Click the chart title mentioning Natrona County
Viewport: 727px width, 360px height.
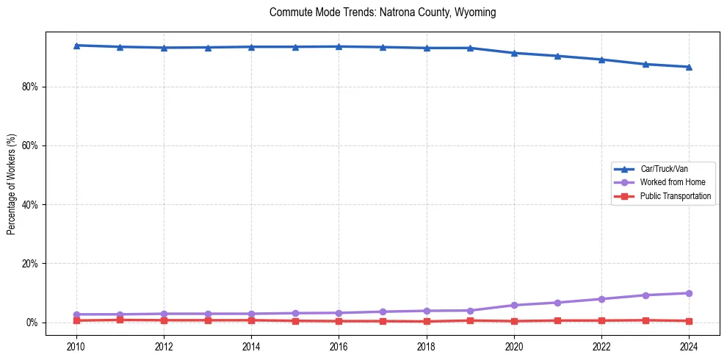tap(383, 12)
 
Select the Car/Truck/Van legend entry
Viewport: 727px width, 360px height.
tap(664, 169)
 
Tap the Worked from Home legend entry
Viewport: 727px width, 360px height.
tap(670, 182)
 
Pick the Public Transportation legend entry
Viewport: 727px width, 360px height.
tap(675, 196)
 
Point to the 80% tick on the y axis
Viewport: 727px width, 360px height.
tap(30, 87)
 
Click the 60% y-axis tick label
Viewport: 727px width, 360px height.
tap(30, 145)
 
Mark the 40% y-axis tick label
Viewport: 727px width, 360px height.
tap(30, 205)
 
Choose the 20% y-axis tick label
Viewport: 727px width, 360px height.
tap(30, 264)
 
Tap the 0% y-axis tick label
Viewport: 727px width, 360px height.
tap(32, 323)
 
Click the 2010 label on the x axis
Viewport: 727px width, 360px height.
tap(76, 345)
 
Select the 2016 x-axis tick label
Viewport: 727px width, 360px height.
tap(339, 345)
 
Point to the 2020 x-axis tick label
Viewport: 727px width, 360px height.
tap(514, 345)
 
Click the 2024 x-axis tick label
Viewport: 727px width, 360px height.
tap(689, 345)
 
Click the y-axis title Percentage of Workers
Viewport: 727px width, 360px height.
tap(12, 184)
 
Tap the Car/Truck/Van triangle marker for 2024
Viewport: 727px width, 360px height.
tap(689, 67)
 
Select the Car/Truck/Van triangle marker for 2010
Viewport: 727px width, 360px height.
tap(76, 46)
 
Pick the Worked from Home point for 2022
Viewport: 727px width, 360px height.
tap(601, 299)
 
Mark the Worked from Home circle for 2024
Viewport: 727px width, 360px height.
tap(689, 293)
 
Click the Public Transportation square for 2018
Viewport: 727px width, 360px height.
tap(427, 321)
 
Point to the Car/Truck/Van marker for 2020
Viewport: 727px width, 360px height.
tap(514, 53)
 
